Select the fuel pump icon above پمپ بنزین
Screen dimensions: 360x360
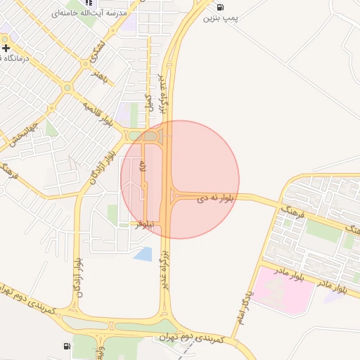(x=221, y=6)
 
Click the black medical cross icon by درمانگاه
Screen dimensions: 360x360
(x=6, y=49)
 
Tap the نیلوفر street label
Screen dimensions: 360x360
(x=145, y=224)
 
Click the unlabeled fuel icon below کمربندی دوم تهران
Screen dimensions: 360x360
(x=67, y=346)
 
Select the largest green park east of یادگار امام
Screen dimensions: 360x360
(x=323, y=229)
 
